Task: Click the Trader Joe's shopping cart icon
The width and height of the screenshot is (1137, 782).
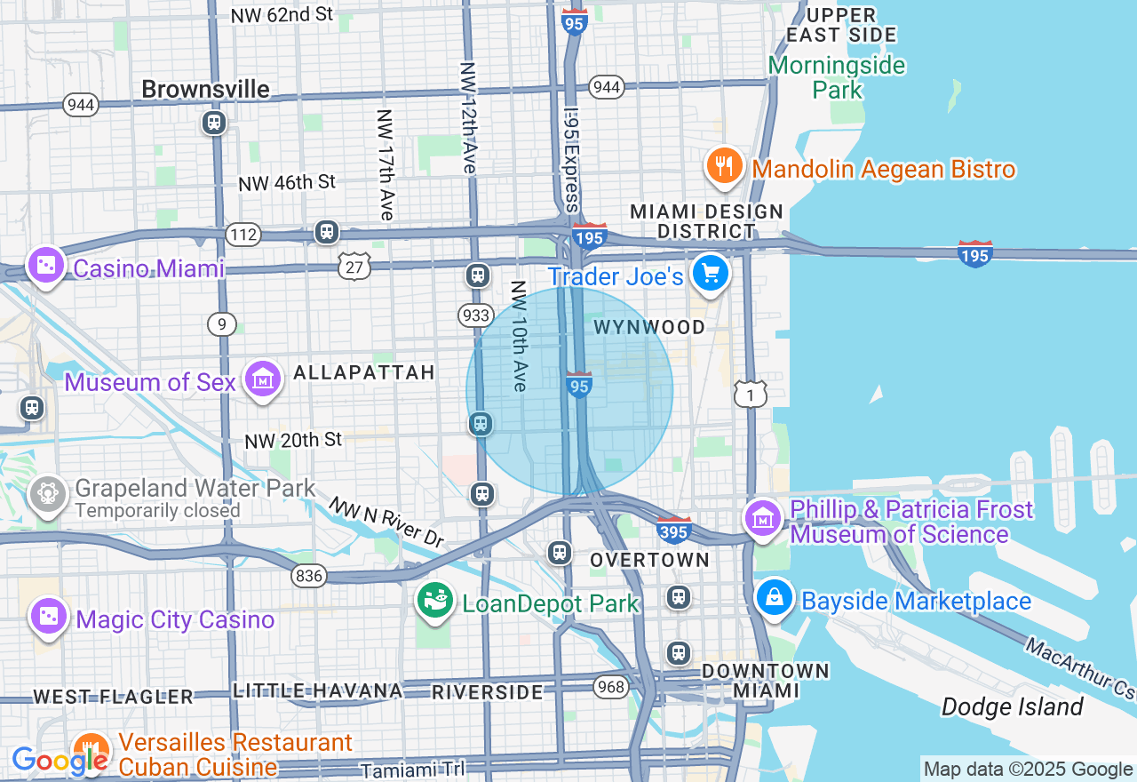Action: pos(711,273)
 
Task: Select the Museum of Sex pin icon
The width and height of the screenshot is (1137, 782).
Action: pos(263,379)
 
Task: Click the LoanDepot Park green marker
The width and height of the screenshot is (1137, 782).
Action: pos(435,602)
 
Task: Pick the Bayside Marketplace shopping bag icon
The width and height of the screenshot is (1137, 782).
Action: pos(775,597)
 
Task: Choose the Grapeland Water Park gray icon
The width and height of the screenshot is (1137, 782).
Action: pos(47,492)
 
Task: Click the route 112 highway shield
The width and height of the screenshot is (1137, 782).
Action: pos(243,235)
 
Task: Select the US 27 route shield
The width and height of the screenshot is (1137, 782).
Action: pos(354,266)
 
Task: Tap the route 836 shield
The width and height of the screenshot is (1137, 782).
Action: pos(309,576)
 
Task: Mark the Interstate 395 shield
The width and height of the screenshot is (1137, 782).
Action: pos(674,530)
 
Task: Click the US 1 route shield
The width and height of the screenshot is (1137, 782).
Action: pos(751,394)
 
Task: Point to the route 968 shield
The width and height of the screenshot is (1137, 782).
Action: pos(611,687)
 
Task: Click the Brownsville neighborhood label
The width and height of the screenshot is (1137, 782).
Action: pos(205,89)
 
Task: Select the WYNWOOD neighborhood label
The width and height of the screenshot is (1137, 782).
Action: pos(649,327)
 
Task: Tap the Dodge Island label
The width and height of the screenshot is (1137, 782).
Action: pos(1012,707)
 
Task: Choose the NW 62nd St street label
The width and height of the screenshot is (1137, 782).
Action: pos(282,15)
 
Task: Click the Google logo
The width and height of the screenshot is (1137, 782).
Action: pos(59,761)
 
